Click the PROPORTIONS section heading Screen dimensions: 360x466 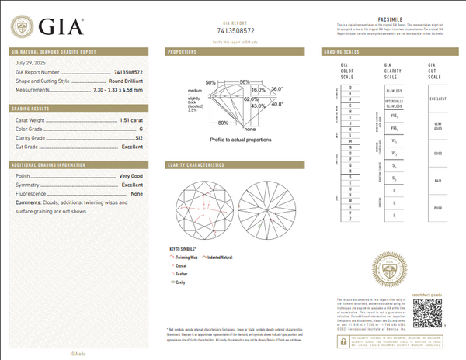pyautogui.click(x=184, y=52)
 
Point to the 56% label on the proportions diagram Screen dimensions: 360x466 pyautogui.click(x=245, y=81)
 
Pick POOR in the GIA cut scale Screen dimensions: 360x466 pyautogui.click(x=438, y=208)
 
